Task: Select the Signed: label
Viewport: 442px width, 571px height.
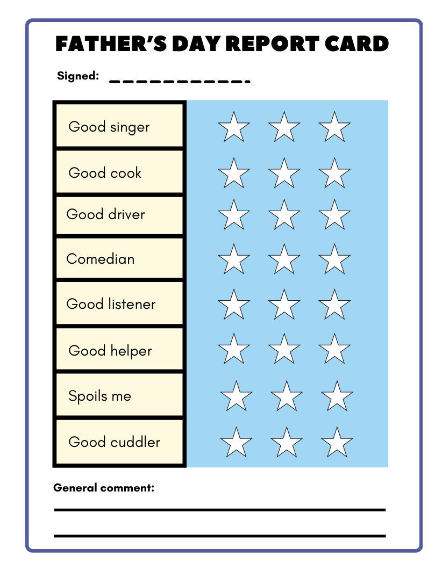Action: (78, 76)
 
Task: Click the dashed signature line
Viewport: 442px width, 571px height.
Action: (180, 82)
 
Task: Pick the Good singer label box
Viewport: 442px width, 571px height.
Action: (119, 127)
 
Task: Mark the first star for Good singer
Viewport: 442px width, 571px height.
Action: (234, 128)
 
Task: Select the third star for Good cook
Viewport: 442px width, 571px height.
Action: (334, 174)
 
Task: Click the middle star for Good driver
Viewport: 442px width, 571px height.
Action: (284, 215)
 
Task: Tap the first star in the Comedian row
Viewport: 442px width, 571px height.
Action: (234, 259)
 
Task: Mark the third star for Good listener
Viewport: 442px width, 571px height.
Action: (334, 305)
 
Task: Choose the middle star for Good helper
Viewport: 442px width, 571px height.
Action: (284, 349)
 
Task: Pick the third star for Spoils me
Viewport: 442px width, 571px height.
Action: (337, 396)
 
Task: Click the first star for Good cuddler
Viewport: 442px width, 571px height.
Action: (236, 443)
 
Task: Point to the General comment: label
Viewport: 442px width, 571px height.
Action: (104, 488)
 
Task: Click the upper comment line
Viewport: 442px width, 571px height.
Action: (219, 509)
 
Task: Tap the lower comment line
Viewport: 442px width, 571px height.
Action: (219, 536)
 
